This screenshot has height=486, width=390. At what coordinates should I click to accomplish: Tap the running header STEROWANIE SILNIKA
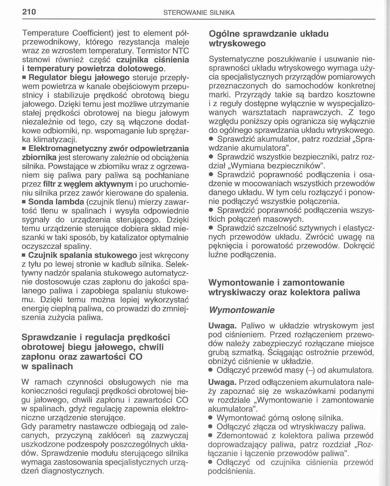coord(199,13)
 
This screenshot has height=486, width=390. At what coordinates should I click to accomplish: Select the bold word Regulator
coord(48,78)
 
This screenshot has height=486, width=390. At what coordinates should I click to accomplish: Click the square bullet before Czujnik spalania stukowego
coord(24,255)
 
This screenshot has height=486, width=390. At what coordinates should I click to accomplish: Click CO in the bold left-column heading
coord(136,357)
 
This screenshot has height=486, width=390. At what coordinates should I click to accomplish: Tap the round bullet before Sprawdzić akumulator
coord(211,139)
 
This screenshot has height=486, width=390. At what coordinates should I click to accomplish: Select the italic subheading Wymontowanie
coord(241,310)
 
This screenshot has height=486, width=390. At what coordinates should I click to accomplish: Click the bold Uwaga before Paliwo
coord(222,326)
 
